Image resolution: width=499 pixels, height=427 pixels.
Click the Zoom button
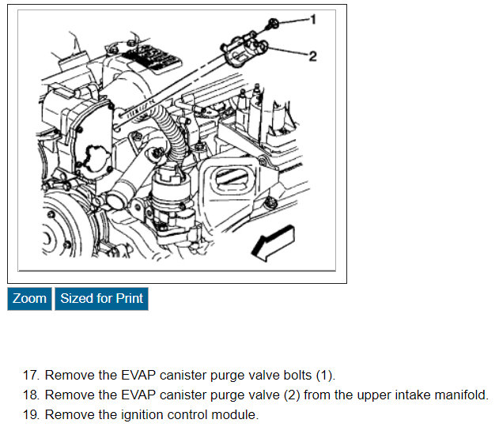(x=29, y=298)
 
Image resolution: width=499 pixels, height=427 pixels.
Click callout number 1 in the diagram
(x=313, y=20)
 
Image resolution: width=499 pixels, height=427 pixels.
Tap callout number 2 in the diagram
(x=313, y=56)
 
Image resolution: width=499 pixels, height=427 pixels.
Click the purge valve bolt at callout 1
(x=273, y=24)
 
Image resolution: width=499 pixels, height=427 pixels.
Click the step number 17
(x=31, y=375)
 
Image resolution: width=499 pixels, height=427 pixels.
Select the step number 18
(x=31, y=395)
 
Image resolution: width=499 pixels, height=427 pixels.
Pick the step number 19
(x=31, y=414)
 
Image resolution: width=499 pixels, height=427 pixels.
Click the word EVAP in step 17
(x=138, y=375)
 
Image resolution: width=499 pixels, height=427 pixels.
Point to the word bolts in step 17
(x=297, y=375)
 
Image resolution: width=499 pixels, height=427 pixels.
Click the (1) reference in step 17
(x=324, y=376)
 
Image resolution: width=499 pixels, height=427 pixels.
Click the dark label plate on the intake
(x=152, y=59)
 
